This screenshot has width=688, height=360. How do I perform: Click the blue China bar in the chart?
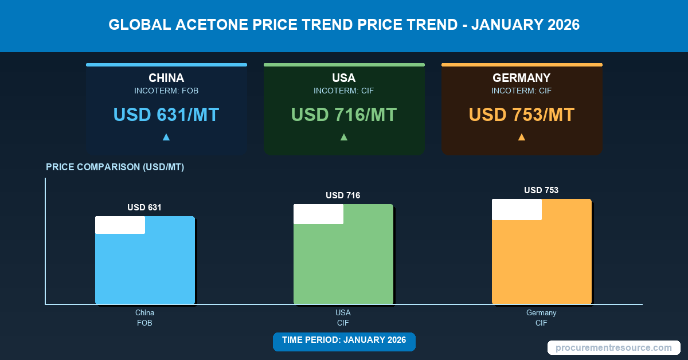click(144, 267)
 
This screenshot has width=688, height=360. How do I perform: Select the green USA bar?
click(343, 261)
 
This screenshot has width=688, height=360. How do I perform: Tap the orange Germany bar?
click(541, 258)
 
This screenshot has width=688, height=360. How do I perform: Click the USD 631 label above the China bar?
click(144, 208)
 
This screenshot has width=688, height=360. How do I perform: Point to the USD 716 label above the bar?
click(343, 195)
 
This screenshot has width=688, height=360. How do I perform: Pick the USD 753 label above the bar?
click(541, 190)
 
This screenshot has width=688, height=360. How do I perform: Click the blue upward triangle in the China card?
click(166, 137)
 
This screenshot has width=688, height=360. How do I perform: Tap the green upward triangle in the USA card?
click(344, 137)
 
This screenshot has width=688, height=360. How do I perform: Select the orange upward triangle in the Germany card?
click(522, 137)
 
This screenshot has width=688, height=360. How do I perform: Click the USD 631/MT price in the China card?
click(166, 115)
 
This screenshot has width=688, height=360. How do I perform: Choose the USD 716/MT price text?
click(344, 115)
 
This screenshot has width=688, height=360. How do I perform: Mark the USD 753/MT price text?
click(522, 115)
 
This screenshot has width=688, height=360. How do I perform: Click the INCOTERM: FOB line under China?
click(166, 91)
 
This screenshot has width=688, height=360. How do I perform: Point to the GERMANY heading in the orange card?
click(522, 78)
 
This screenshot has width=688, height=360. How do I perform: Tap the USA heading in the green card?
click(344, 78)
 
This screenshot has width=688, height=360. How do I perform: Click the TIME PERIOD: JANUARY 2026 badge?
click(344, 340)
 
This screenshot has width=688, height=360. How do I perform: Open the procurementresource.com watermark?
click(613, 347)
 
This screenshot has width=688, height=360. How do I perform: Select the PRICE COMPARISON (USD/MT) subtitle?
click(115, 167)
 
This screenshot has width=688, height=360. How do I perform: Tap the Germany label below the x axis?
click(541, 313)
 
